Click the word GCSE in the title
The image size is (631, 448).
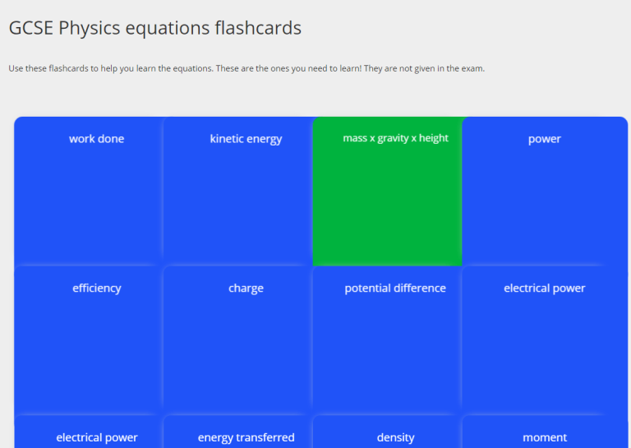(30, 28)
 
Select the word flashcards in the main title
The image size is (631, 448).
(257, 28)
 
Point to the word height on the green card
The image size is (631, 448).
(434, 138)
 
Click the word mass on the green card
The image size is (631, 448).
(355, 138)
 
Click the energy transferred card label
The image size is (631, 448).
(246, 437)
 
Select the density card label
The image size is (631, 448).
(395, 437)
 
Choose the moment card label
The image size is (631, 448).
(545, 437)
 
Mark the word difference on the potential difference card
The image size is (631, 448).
(419, 289)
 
